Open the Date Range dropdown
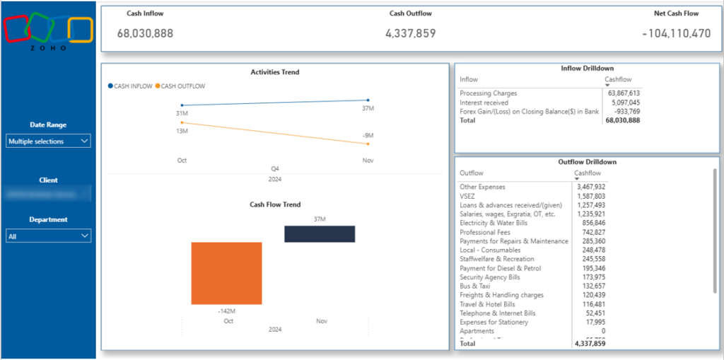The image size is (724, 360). [x=48, y=141]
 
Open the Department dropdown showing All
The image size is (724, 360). [x=48, y=236]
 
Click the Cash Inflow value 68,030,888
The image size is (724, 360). [x=145, y=33]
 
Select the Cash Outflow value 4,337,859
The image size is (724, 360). [x=411, y=33]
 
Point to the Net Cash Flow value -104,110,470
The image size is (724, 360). [x=677, y=33]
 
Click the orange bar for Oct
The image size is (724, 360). [x=226, y=273]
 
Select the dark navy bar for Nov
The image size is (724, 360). [x=320, y=234]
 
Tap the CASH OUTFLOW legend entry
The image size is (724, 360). [x=180, y=86]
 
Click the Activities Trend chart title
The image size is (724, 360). [x=274, y=72]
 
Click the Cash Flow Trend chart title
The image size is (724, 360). [x=275, y=204]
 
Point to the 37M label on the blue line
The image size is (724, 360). [x=368, y=108]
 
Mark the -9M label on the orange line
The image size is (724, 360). [x=368, y=135]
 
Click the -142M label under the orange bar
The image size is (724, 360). [x=226, y=311]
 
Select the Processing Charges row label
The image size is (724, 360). [x=488, y=93]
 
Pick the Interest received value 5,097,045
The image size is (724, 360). [x=624, y=103]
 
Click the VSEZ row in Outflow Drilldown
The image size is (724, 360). [x=467, y=196]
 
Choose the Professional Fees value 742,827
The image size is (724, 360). [x=591, y=232]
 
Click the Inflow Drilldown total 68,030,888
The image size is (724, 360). [x=622, y=120]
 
